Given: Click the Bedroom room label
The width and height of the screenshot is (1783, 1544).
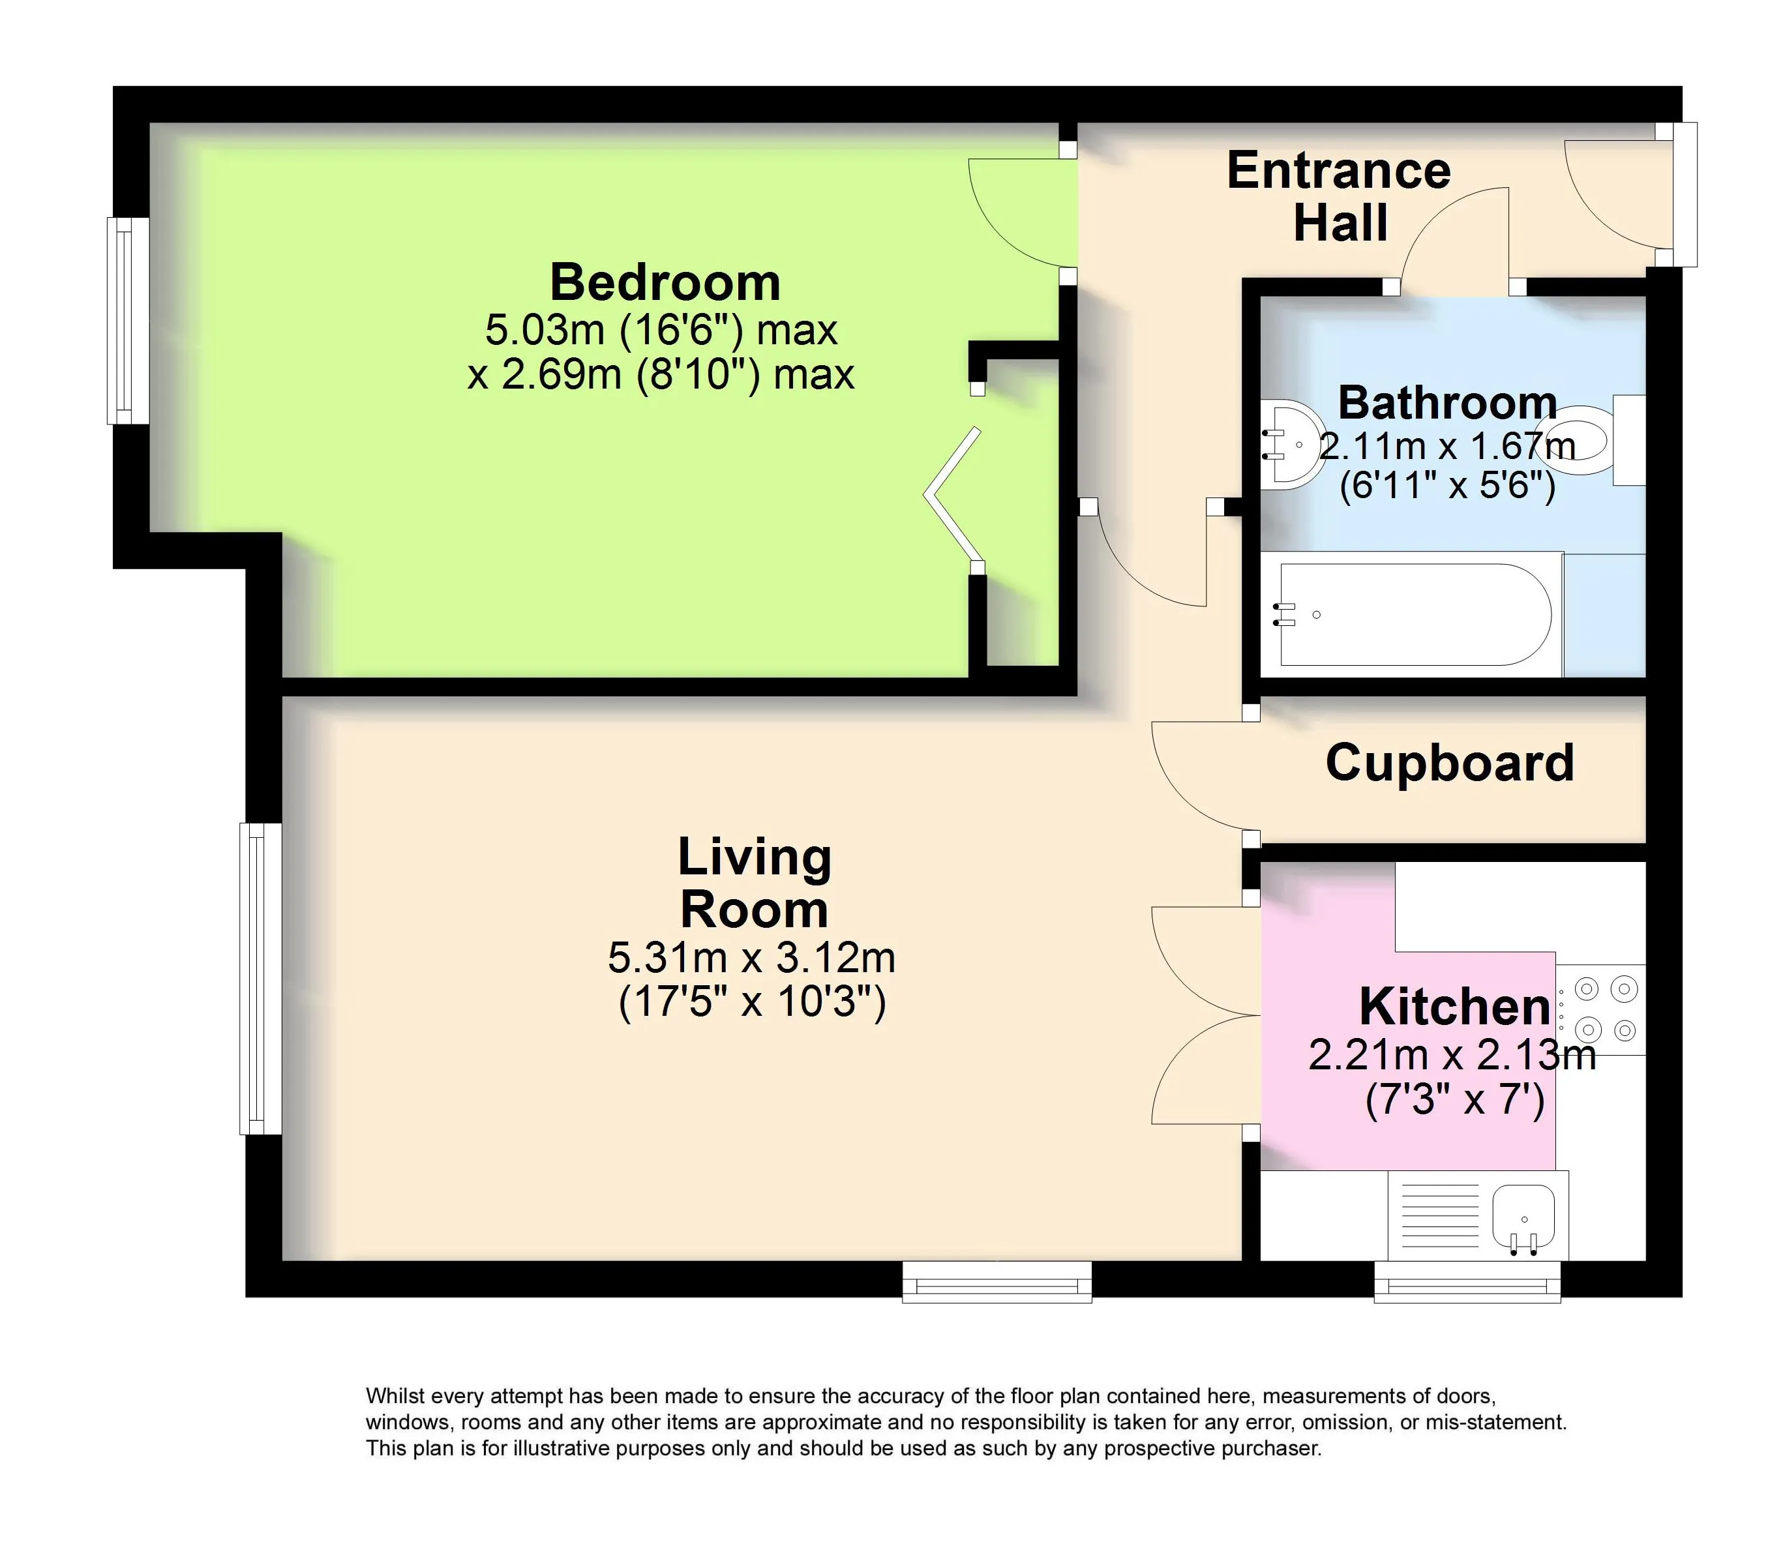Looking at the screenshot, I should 665,282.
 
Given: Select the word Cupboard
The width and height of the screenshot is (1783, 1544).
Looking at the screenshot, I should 1450,764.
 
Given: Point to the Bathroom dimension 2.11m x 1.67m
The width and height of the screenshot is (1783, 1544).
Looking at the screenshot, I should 1448,446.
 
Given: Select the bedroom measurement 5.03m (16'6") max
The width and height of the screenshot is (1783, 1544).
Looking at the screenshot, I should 661,330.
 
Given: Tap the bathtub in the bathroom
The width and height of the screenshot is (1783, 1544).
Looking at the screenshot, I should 1413,614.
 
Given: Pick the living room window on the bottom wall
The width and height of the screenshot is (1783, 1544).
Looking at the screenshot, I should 997,1281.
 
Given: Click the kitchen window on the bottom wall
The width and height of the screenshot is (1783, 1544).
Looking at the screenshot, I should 1467,1281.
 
